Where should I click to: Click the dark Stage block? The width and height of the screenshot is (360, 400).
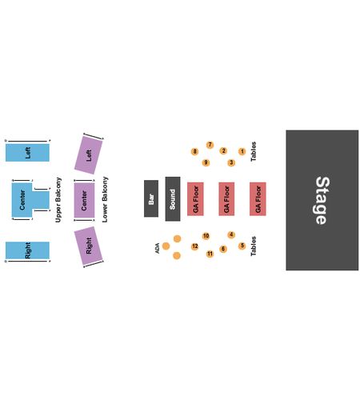322,200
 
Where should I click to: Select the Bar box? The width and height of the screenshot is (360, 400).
151,198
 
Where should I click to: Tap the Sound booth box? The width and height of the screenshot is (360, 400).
173,199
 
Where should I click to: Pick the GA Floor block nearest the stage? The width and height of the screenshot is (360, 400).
258,199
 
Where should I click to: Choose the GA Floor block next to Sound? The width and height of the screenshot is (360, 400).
195,199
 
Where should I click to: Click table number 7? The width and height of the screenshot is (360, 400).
210,145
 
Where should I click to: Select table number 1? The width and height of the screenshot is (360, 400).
242,151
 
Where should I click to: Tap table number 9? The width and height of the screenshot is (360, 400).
206,162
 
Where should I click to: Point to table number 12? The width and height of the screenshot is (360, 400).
195,246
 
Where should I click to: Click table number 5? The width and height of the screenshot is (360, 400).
242,246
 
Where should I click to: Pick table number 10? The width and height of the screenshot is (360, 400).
206,236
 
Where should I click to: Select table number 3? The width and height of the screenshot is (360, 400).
231,162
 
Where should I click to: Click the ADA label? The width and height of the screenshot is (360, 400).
158,248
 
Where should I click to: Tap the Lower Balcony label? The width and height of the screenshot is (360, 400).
105,199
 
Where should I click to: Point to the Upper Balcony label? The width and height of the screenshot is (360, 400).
58,200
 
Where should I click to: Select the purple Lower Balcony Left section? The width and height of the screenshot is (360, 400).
89,155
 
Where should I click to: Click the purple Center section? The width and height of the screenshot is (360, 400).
84,200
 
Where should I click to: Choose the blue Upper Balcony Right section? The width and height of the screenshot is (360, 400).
27,250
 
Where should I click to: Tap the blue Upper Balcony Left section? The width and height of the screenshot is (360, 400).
27,153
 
